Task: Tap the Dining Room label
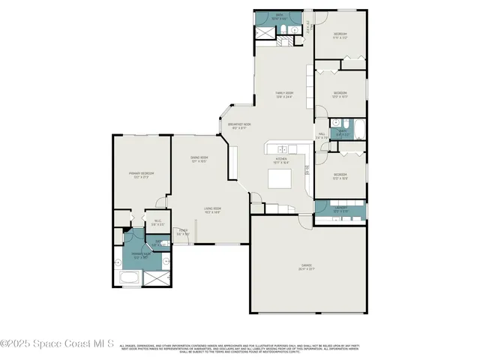199,160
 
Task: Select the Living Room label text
212,211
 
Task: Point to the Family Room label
283,94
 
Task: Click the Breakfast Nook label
239,125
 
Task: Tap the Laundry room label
340,209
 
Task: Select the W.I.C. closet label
157,222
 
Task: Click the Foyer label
182,232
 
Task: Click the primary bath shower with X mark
156,278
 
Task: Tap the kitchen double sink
279,148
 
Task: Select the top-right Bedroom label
340,36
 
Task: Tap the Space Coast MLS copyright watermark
57,343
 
